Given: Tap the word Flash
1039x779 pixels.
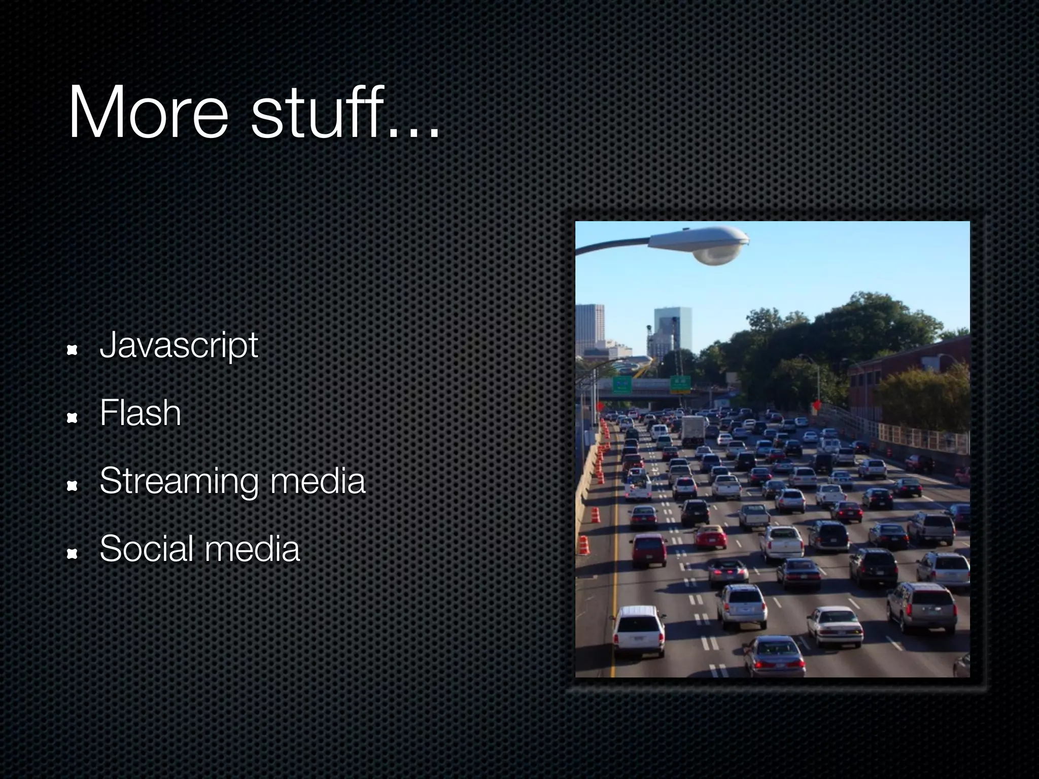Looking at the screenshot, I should coord(140,413).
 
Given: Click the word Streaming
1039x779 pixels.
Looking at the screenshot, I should coord(180,482).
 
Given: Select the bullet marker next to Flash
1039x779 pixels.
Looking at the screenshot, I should coord(72,418).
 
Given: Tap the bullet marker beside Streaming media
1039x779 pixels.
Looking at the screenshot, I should coord(72,486).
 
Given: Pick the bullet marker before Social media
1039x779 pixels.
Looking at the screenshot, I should coord(72,554).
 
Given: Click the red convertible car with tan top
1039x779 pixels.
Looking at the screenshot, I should coord(710,537).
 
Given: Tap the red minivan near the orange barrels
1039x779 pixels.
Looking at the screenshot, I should coord(648,549).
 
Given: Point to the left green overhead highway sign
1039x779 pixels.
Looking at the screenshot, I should coord(622,384).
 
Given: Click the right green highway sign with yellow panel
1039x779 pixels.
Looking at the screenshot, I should coord(680,383).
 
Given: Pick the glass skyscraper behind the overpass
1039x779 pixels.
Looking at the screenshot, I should coord(672,330).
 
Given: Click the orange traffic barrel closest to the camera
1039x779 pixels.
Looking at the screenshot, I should coord(583,545).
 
